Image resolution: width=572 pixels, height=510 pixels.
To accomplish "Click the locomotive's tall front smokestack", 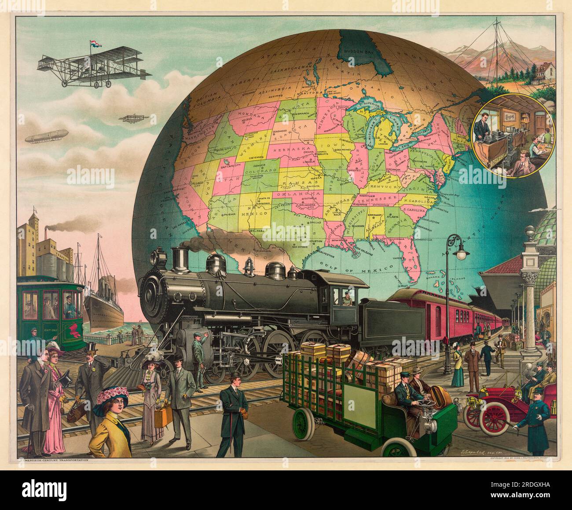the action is click(x=179, y=259).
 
